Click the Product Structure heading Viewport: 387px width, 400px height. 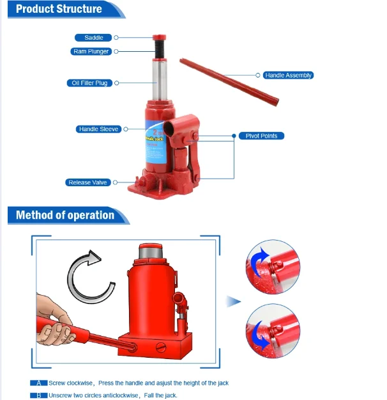(59, 9)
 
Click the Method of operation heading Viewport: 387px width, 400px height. (64, 215)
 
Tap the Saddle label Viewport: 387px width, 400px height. (93, 38)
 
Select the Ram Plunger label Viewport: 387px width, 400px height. (91, 51)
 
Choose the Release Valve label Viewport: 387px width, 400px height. (88, 182)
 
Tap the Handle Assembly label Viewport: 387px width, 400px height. (288, 76)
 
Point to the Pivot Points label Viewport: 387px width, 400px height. (261, 136)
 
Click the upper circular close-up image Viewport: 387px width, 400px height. (273, 268)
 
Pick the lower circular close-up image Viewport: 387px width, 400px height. (273, 331)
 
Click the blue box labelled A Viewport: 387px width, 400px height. (39, 383)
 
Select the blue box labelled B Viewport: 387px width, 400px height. (39, 396)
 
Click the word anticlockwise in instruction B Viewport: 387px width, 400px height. (121, 396)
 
